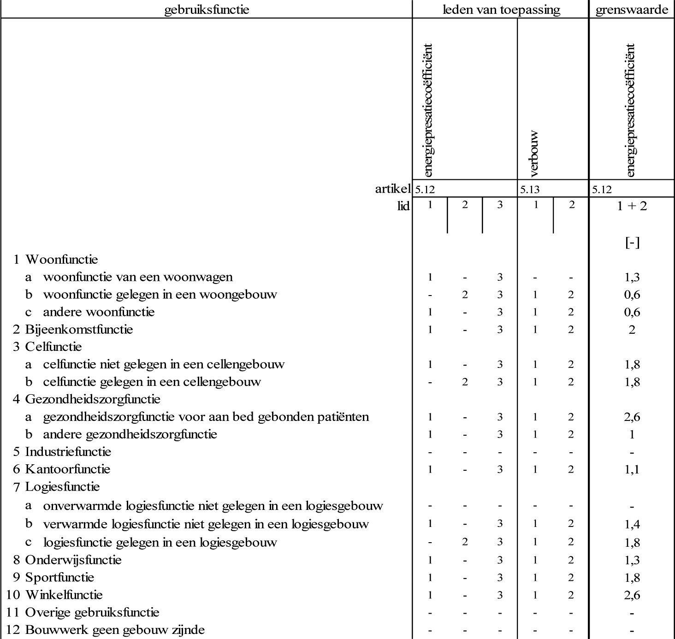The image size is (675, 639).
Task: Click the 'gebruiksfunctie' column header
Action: click(207, 10)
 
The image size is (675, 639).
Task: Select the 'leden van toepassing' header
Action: click(501, 10)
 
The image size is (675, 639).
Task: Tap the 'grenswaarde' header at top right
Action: click(632, 10)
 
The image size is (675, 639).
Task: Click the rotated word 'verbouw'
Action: click(534, 154)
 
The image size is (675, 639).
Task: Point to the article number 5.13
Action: click(530, 189)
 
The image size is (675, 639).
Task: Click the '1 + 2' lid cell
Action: click(632, 206)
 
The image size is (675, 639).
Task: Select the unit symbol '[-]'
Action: click(632, 243)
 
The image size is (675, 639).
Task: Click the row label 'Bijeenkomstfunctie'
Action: click(79, 330)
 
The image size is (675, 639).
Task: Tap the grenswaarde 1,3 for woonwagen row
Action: click(632, 278)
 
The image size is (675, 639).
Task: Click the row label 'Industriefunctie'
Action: click(68, 452)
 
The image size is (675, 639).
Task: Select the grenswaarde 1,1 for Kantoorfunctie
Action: click(632, 470)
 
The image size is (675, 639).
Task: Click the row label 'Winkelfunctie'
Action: click(64, 595)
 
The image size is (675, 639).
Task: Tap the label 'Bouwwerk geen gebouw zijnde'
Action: click(115, 630)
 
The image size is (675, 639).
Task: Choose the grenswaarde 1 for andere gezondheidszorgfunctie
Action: click(632, 435)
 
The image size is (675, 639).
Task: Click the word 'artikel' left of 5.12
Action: click(392, 188)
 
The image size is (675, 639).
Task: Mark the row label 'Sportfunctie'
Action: click(59, 577)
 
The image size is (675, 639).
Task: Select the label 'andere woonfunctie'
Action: click(99, 312)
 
